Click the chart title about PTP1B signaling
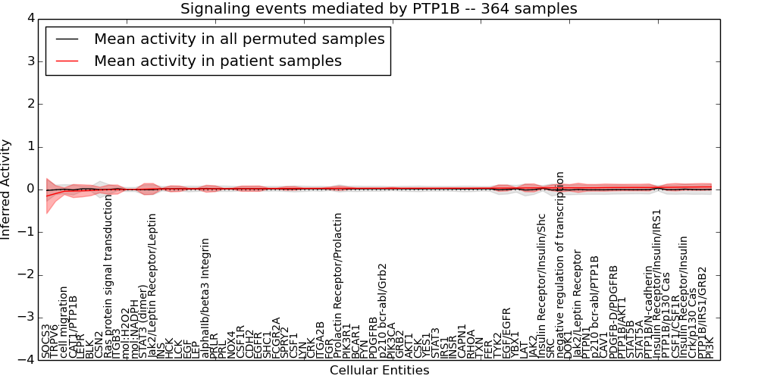378,8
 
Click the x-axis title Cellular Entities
379,371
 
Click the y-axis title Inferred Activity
7,189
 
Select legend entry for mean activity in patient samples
218,61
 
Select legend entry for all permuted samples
239,39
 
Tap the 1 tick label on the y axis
34,146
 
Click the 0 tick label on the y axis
34,189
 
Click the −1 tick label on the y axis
31,232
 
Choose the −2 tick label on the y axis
31,274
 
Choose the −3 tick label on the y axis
31,318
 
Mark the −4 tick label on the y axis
31,360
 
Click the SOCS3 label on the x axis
46,341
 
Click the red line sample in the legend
66,61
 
